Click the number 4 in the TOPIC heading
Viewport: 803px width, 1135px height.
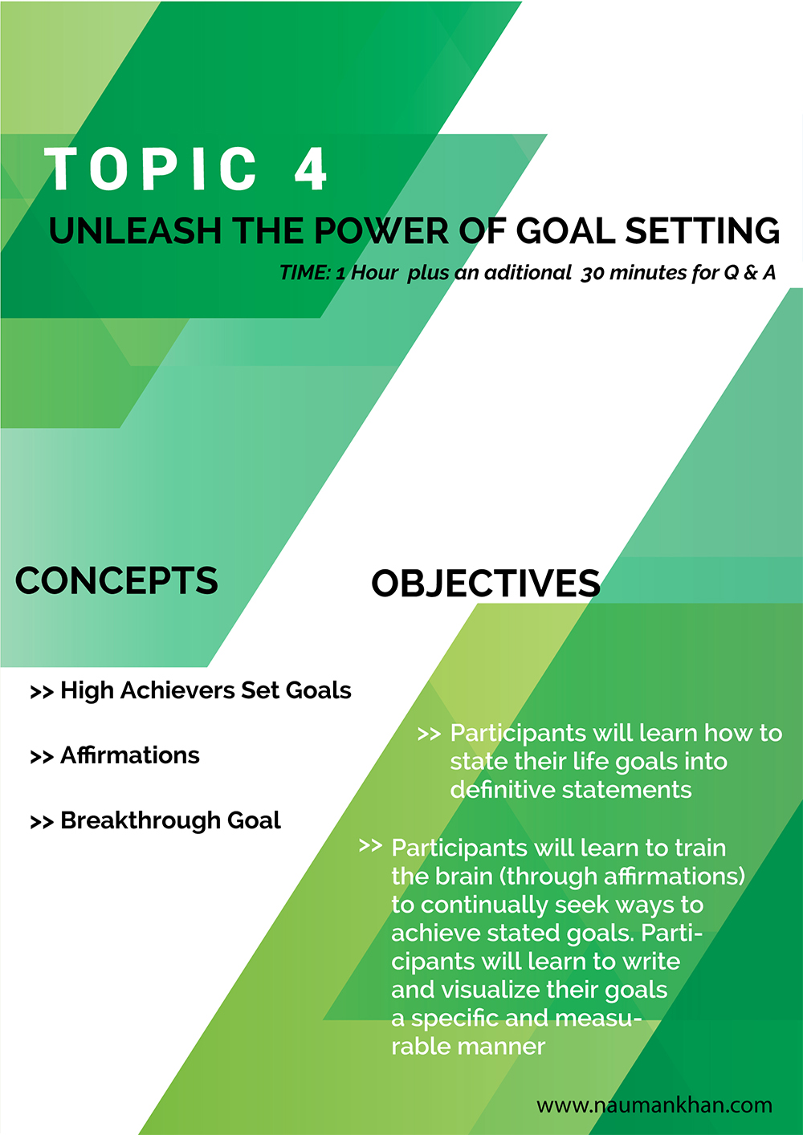click(310, 169)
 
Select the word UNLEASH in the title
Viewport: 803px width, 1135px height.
click(135, 231)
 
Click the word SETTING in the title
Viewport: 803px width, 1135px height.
click(703, 231)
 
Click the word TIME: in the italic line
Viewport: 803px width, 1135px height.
click(305, 273)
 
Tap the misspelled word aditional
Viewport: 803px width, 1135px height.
click(528, 273)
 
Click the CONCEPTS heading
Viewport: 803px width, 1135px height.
click(116, 580)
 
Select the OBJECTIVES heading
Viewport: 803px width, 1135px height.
click(486, 584)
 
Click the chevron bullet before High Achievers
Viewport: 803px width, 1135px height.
click(42, 692)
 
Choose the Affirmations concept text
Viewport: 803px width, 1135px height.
click(130, 755)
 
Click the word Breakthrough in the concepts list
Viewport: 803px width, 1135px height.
click(140, 820)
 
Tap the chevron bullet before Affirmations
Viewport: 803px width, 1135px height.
click(42, 757)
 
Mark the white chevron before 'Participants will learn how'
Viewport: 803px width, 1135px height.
click(429, 734)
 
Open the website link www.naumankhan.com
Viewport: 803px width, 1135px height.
click(654, 1105)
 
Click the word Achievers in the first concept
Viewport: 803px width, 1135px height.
click(177, 690)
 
